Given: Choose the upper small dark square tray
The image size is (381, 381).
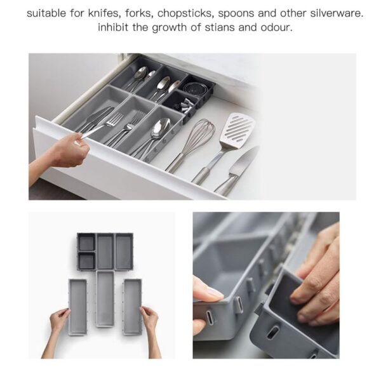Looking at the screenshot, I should (x=86, y=243).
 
